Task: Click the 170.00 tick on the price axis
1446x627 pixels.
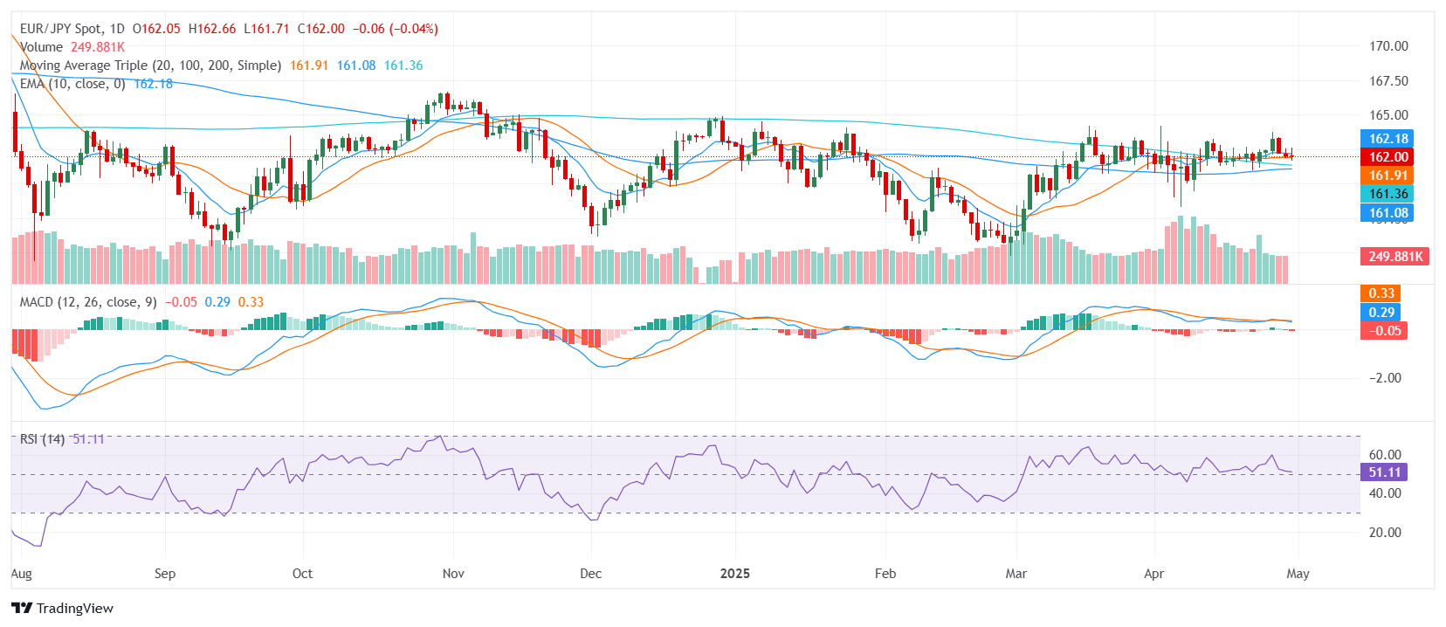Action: [1387, 46]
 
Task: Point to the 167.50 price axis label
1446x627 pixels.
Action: [1387, 81]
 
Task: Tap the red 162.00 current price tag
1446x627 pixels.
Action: [1387, 157]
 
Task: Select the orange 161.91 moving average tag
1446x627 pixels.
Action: [1387, 176]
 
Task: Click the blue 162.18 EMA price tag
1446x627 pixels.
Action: [1387, 139]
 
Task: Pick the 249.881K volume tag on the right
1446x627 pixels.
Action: [1394, 257]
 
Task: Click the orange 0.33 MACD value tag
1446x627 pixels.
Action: [1381, 293]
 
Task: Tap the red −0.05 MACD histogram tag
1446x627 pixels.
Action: [1384, 331]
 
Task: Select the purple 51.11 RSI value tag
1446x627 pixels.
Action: [1384, 472]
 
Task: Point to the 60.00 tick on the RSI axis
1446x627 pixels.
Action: [1384, 455]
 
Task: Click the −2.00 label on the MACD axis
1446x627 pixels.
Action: [1384, 378]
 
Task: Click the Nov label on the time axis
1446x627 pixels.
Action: [453, 574]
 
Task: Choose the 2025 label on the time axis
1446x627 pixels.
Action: [734, 574]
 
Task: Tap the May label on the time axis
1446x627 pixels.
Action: [1298, 574]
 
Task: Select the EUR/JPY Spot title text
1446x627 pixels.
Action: [60, 29]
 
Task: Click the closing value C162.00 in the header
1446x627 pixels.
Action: [320, 29]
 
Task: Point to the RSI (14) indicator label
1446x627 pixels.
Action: [43, 439]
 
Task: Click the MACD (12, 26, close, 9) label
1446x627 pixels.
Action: [88, 302]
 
